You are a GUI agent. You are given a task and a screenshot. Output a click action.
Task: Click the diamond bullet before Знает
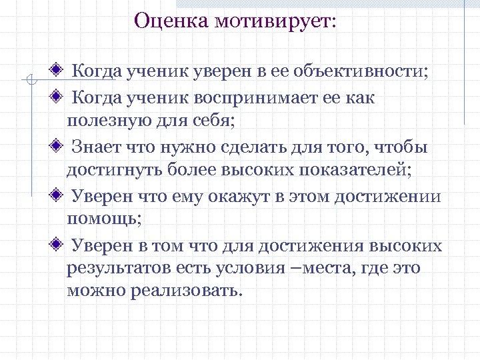point(59,145)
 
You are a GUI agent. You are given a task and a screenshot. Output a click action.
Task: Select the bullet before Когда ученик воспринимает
point(59,97)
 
